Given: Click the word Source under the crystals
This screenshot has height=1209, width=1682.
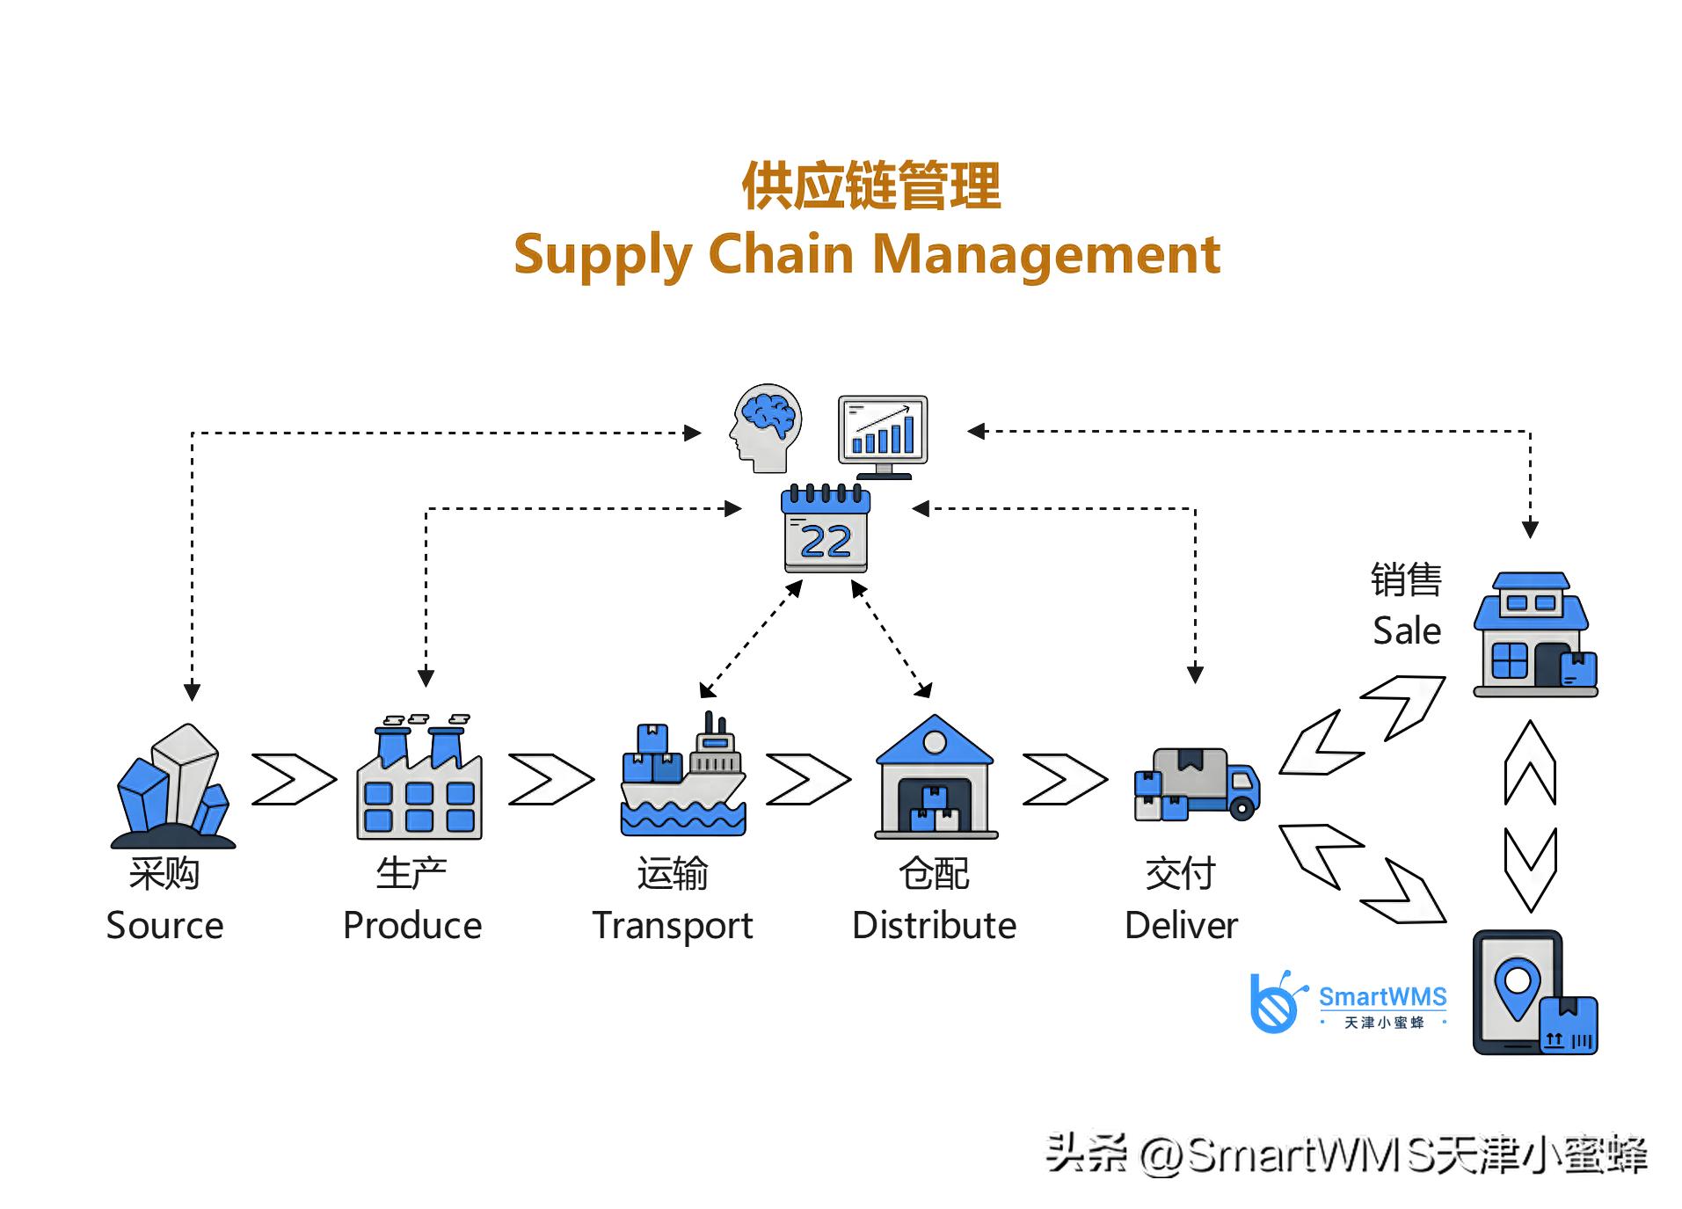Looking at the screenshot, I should coord(164,925).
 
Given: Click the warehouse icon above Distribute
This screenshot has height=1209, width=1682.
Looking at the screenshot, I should coord(936,777).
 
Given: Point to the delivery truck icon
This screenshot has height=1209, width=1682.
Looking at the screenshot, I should coord(1197,783).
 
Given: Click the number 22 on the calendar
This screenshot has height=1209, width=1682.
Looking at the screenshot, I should coord(826,541).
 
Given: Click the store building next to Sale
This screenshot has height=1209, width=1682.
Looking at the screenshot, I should coord(1534,635).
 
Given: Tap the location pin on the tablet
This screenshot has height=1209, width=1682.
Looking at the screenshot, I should coord(1517,987).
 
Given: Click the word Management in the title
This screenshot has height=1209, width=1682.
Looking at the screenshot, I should coord(1045,254).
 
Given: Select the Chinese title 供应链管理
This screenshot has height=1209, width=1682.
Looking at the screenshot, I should coord(870,186).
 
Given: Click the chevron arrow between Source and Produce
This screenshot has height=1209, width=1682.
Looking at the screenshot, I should coord(293,779).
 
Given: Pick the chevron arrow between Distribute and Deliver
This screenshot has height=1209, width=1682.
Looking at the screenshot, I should coord(1064,779).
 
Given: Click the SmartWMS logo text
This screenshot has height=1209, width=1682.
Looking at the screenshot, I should coord(1382,997).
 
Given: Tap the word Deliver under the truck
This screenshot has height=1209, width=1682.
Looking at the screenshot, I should coord(1181,925).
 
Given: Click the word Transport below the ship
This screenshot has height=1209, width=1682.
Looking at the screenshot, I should coord(673,926).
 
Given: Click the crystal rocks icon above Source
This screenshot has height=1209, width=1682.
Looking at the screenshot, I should coord(173,784).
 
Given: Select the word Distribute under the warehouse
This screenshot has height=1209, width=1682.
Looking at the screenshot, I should coord(934,925).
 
